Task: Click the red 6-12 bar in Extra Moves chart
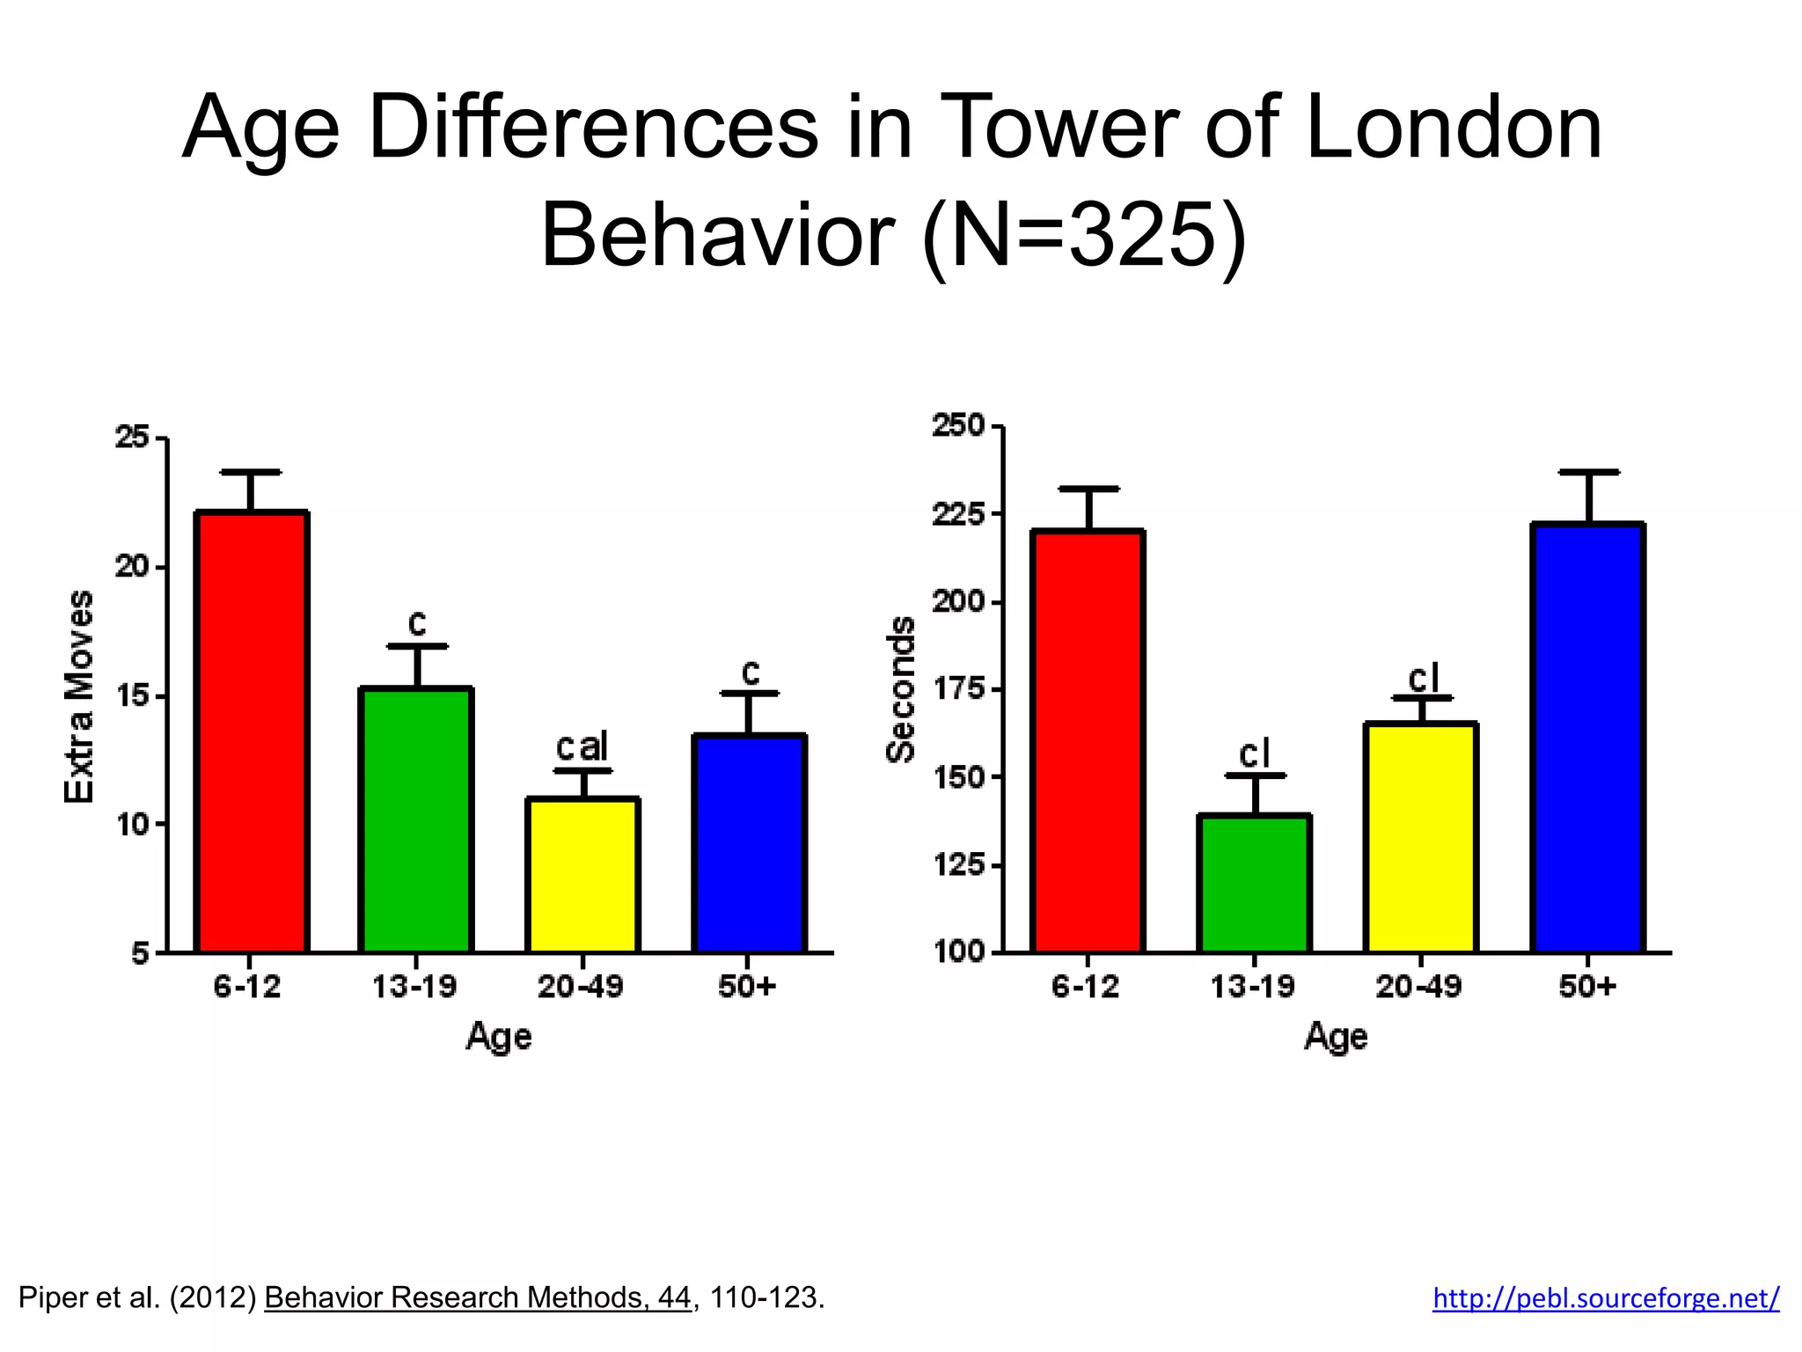coord(251,731)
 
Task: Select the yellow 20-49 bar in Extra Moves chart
coord(582,875)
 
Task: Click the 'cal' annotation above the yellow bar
coord(582,747)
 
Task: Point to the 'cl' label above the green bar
coord(1255,754)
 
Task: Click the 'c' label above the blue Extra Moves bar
coord(750,672)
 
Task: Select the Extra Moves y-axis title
coord(79,695)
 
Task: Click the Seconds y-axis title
coord(900,689)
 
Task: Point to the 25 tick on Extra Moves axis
coord(133,437)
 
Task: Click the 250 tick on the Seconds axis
coord(959,426)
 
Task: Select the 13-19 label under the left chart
coord(414,987)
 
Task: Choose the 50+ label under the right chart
coord(1587,987)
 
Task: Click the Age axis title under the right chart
coord(1336,1036)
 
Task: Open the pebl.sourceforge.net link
coord(1606,1297)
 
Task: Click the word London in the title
coord(1454,129)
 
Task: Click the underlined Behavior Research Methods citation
coord(477,1297)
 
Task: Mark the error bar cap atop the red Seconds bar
coord(1089,489)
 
